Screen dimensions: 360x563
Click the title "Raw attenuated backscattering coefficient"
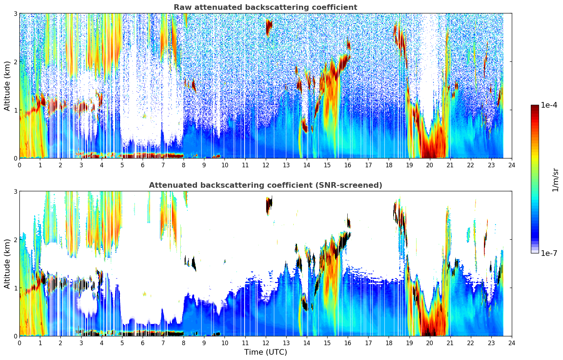coord(265,7)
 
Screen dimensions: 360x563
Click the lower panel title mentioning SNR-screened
coord(265,185)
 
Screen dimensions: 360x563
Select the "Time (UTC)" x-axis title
coord(265,352)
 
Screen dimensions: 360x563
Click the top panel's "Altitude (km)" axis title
coord(7,86)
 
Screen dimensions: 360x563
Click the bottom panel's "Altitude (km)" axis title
coord(7,264)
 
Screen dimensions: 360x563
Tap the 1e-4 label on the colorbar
coord(549,105)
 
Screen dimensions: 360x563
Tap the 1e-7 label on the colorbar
coord(549,253)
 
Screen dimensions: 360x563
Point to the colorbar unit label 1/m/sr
coord(555,180)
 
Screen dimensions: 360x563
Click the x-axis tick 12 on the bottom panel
coord(265,343)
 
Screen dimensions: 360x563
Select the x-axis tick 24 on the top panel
coord(512,165)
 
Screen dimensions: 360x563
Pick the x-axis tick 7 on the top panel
coord(163,165)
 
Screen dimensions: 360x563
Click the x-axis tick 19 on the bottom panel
coord(409,343)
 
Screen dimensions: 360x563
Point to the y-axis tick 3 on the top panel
coord(16,13)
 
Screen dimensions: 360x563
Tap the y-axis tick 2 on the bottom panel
coord(16,240)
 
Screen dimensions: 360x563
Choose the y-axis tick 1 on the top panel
coord(16,110)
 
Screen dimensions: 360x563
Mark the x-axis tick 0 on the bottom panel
coord(19,343)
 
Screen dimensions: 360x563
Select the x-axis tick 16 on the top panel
coord(348,165)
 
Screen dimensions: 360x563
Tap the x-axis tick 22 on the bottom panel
coord(471,343)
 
